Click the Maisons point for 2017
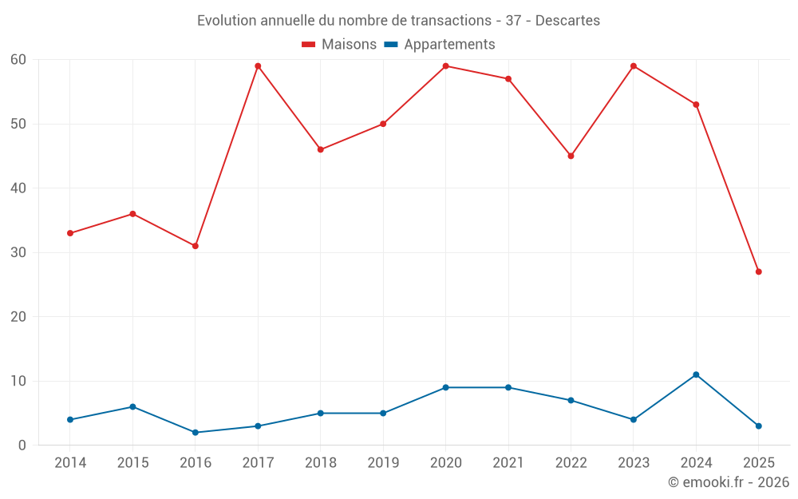[258, 66]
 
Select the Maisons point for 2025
[759, 271]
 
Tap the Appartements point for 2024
[696, 374]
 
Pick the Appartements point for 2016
[196, 433]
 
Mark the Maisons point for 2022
[571, 156]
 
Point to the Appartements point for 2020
[445, 387]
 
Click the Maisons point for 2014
[70, 233]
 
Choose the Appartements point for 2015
[132, 406]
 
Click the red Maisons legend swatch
[309, 45]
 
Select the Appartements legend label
[449, 45]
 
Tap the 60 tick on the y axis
[18, 60]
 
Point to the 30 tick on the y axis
[18, 252]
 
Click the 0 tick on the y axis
[22, 446]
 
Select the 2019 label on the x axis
[383, 463]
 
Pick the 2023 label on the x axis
[634, 463]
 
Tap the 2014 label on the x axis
[70, 463]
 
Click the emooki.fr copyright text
[729, 482]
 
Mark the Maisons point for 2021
[508, 79]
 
